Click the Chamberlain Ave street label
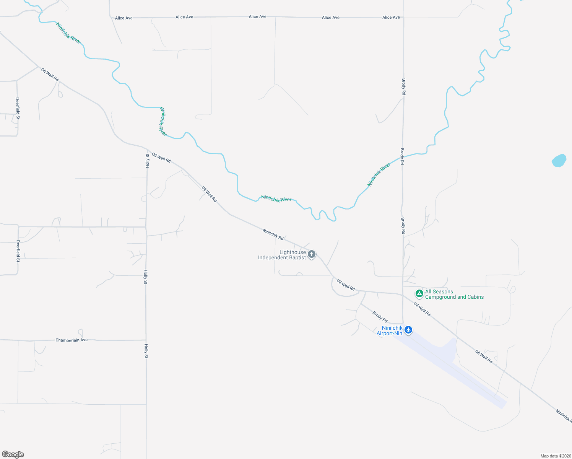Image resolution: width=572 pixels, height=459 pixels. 71,340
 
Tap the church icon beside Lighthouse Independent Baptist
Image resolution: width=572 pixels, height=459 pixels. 312,254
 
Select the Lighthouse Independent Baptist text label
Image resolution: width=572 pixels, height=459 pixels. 282,255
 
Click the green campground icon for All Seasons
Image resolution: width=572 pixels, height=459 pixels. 419,294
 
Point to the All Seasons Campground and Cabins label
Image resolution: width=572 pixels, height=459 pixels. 454,294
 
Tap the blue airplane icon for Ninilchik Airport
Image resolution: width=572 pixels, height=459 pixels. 408,330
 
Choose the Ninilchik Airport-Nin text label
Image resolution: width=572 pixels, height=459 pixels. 390,331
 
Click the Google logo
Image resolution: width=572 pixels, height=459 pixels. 13,454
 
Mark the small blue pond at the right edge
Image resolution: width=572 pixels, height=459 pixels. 559,160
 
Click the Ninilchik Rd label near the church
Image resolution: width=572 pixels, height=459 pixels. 273,234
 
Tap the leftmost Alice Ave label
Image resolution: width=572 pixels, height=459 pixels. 124,18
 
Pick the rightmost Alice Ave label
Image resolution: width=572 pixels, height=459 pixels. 391,17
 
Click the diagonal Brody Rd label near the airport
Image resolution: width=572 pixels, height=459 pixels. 380,317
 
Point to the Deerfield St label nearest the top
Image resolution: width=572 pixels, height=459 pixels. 18,108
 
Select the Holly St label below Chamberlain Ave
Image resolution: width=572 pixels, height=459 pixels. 146,351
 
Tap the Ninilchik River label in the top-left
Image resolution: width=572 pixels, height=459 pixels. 68,33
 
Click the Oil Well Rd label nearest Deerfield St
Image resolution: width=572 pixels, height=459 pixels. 50,75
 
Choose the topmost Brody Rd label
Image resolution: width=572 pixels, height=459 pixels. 404,87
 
